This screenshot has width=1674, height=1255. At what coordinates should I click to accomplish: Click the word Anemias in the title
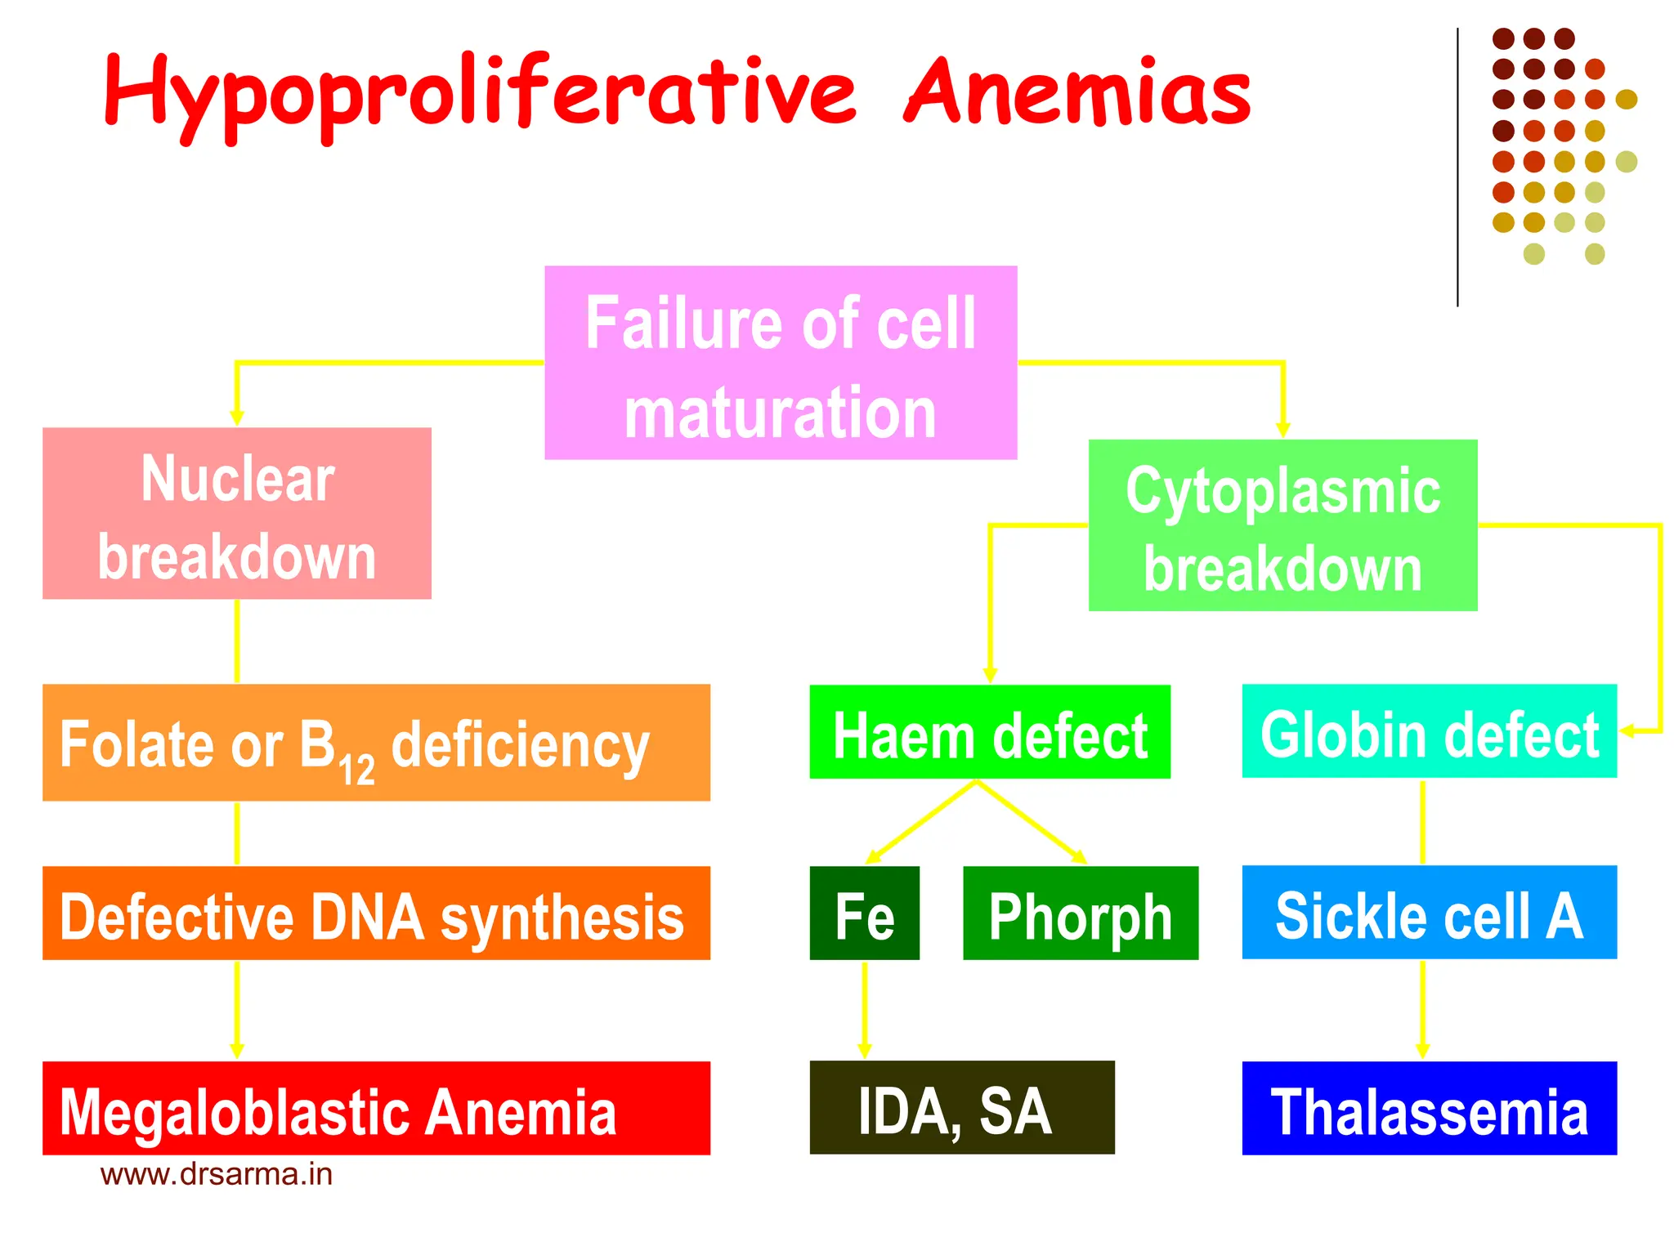point(1077,92)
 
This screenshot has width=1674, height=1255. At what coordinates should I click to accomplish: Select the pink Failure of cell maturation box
point(781,363)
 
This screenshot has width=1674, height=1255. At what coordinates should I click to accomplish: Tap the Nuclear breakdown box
point(237,514)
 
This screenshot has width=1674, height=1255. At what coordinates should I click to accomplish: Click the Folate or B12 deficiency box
point(376,743)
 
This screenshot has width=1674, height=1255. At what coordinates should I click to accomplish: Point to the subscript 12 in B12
point(357,770)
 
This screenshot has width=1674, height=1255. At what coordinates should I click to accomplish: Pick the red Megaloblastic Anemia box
point(376,1109)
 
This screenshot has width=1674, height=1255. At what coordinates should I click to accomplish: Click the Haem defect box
point(990,732)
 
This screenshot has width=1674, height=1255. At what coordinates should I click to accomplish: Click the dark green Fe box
point(864,913)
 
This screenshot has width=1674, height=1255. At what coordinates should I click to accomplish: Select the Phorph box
point(1081,913)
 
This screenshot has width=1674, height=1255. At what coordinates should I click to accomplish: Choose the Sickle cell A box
point(1429,913)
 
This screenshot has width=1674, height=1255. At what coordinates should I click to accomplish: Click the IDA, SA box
point(962,1108)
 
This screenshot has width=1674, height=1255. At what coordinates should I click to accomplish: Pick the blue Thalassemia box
point(1429,1109)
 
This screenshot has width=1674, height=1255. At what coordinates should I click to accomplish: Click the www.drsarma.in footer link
point(217,1175)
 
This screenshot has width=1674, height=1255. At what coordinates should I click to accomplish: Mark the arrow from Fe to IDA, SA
point(865,1010)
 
